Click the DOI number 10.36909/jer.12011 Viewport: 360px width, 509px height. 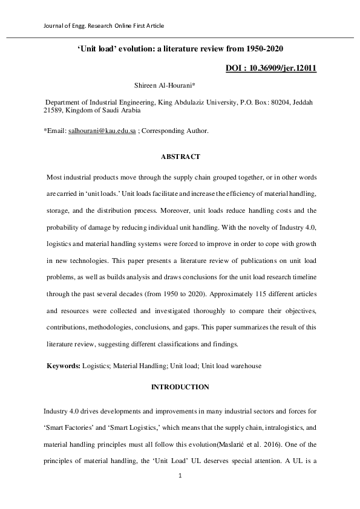pos(283,68)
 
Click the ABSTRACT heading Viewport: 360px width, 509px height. pos(180,157)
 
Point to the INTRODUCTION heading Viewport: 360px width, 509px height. pos(180,387)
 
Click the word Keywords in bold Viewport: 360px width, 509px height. pos(63,366)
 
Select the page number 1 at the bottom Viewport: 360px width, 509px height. pos(180,475)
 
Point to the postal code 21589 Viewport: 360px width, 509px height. pos(53,111)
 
